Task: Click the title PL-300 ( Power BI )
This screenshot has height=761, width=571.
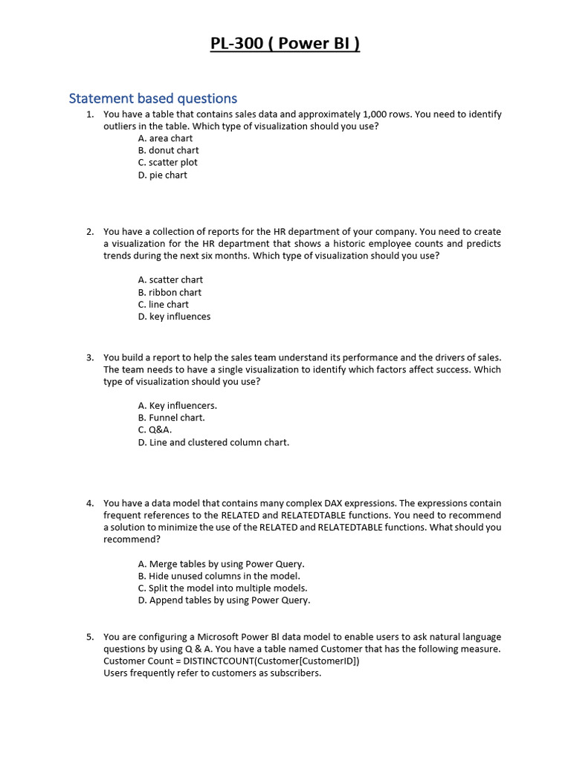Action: tap(285, 44)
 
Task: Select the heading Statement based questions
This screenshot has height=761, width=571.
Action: tap(153, 98)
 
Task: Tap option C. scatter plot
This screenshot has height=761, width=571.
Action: tap(167, 163)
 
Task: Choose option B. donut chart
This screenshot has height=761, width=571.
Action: tap(168, 150)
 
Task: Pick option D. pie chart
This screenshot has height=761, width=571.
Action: tap(162, 175)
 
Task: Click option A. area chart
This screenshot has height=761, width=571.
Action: tap(165, 138)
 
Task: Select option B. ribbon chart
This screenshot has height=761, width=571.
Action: tap(170, 292)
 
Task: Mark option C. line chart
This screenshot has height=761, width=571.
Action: tap(164, 305)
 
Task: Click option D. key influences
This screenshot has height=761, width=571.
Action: tap(174, 317)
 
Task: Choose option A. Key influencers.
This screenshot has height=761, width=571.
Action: tap(177, 406)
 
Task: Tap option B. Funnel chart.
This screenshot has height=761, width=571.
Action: tap(171, 418)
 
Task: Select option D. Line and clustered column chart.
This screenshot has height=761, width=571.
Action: tap(213, 442)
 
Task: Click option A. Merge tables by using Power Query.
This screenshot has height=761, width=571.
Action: tap(221, 564)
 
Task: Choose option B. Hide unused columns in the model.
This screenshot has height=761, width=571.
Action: tap(219, 576)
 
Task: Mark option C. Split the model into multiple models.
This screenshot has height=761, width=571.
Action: tap(222, 588)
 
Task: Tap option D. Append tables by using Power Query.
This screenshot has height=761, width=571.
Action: tap(224, 600)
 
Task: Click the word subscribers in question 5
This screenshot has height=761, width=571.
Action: tap(295, 673)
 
